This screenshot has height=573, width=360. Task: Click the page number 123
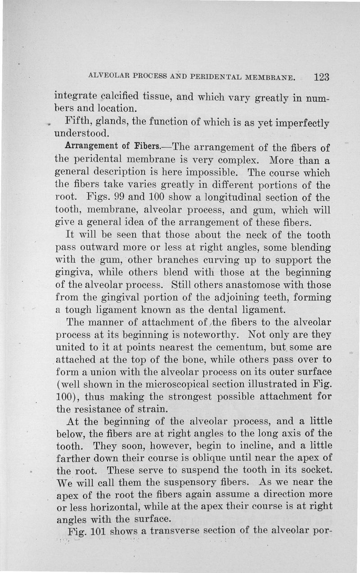click(x=322, y=77)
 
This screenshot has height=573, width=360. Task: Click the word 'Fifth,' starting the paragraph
click(x=80, y=122)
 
